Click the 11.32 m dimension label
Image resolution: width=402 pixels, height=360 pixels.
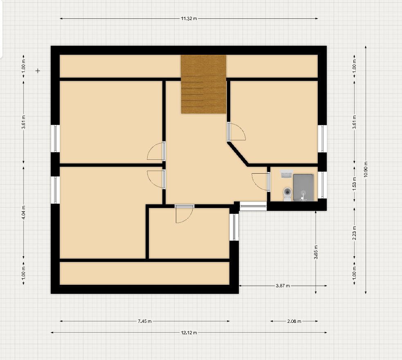pos(189,18)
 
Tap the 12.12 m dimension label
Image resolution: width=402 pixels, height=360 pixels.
pos(189,333)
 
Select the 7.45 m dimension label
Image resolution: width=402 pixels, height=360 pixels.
pos(145,321)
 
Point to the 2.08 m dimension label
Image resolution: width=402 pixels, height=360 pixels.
pos(294,321)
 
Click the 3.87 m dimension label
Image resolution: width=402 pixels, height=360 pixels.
pos(283,286)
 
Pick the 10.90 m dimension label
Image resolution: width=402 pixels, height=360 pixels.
pos(366,169)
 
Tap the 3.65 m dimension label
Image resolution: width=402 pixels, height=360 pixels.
pos(316,252)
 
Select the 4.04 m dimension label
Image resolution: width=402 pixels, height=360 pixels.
pos(23,212)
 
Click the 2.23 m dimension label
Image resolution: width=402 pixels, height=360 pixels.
pos(354,233)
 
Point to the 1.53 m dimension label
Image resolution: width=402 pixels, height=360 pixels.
pos(354,183)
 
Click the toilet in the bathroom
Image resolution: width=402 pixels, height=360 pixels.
pos(287,194)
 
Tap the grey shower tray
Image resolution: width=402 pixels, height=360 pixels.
pos(303,188)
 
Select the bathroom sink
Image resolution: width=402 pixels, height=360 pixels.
pos(287,174)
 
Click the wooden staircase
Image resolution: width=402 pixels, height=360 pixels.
pos(204,84)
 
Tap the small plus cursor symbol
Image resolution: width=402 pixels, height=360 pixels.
pos(38,71)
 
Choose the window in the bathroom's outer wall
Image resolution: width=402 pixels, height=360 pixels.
pos(323,185)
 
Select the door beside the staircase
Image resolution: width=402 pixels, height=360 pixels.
pos(236,132)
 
